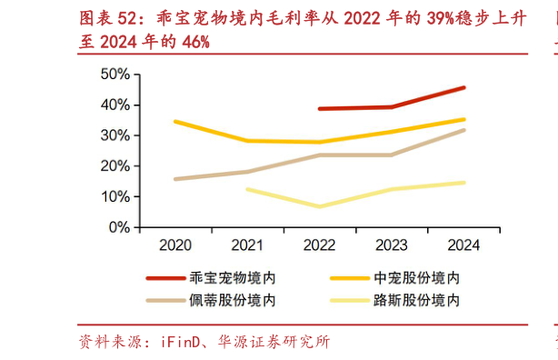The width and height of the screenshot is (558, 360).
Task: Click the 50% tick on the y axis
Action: tap(115, 74)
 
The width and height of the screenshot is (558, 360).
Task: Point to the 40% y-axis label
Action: tap(115, 105)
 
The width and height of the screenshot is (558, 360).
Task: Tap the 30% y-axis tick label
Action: tap(115, 135)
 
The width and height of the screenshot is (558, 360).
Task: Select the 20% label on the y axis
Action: tap(115, 166)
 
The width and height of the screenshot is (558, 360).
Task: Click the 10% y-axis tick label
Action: tap(115, 196)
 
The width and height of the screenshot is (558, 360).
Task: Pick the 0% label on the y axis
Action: tap(119, 227)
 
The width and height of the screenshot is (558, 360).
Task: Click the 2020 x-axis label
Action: tap(175, 245)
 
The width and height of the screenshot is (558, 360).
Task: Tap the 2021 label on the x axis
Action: tap(247, 245)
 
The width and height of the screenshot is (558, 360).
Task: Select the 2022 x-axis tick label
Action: tap(319, 245)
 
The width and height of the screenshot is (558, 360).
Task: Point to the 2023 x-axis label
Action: tap(392, 245)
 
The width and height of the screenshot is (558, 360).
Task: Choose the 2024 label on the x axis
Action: tap(463, 245)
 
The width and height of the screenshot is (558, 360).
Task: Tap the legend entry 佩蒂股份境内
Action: tap(232, 300)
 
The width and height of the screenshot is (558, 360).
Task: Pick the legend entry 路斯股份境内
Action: tap(416, 300)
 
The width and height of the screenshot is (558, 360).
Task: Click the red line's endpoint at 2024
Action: tap(463, 87)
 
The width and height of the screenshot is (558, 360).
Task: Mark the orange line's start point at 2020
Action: tap(175, 121)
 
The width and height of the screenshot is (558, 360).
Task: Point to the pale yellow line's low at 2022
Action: tap(319, 206)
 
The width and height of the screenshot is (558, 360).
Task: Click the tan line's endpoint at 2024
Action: tap(463, 130)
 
